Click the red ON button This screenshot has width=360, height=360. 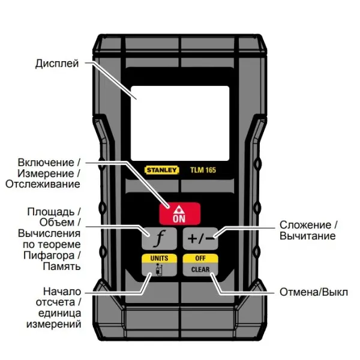coord(180,214)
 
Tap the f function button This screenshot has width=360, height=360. coord(159,239)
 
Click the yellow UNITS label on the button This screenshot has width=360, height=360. coord(159,258)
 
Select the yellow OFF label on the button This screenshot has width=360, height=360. coord(200,258)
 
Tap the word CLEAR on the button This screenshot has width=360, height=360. coord(200,269)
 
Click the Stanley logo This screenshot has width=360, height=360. coord(161,170)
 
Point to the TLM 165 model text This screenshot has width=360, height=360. coord(203,170)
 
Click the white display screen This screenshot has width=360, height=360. coord(180,123)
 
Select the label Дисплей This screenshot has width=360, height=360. coord(57,64)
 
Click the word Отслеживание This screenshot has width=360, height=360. coord(43,184)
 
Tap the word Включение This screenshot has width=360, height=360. coord(46,163)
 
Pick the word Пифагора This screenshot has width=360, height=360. coord(49,256)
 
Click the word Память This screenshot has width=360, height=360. coord(62,266)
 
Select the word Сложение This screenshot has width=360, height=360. coord(305,225)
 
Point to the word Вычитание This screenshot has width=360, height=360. coord(308,236)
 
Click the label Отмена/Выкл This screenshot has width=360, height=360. coord(314,292)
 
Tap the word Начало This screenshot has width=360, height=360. coord(62,292)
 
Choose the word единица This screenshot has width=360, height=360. coord(59,313)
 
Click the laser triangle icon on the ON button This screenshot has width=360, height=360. coord(178,210)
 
